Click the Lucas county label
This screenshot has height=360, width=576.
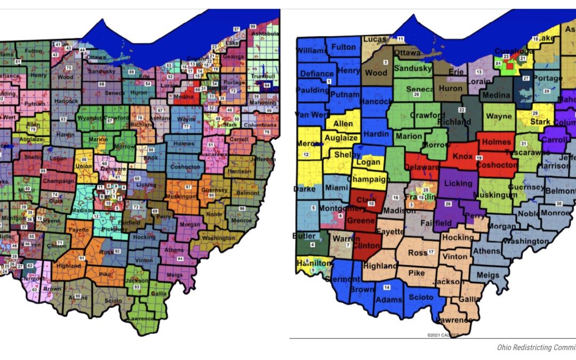coord(375,39)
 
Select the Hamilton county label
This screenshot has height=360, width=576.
coord(310,263)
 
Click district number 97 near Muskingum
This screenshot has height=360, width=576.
coord(188,187)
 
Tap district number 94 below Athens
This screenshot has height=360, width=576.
coord(180,259)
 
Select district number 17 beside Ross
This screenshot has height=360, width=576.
coord(430,252)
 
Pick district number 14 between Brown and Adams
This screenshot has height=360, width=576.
coord(387,287)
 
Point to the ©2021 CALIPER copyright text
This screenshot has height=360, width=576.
coord(440,334)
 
